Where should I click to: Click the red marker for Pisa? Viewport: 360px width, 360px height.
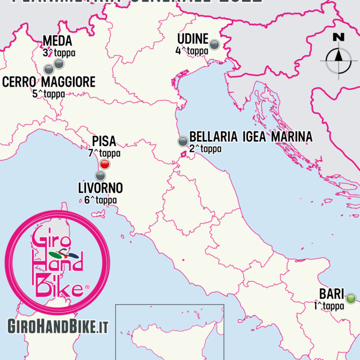(104, 164)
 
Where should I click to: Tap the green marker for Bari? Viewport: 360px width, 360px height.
(351, 299)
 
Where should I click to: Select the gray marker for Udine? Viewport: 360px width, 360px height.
(214, 44)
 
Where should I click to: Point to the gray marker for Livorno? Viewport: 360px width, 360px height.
(100, 175)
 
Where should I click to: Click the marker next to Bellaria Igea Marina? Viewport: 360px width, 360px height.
(183, 141)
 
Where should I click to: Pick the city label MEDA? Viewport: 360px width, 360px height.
(57, 41)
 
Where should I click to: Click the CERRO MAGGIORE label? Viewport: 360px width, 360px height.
(48, 82)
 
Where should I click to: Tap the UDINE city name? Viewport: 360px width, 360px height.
(192, 39)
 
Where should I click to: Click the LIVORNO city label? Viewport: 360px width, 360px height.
(100, 188)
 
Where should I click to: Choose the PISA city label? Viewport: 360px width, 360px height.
(104, 142)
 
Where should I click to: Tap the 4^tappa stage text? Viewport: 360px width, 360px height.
(191, 50)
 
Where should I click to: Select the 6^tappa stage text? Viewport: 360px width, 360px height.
(97, 200)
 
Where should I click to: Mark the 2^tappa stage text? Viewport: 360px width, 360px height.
(205, 148)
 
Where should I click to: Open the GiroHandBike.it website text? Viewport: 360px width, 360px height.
(58, 325)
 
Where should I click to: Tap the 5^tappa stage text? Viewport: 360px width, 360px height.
(48, 93)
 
